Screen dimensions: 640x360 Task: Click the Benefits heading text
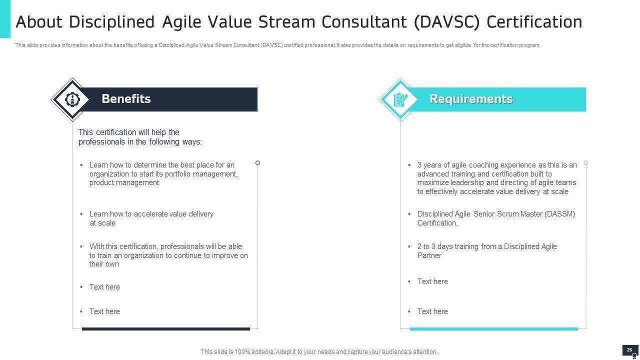(126, 99)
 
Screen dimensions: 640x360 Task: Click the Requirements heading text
(471, 99)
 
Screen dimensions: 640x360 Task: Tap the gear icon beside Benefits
(72, 99)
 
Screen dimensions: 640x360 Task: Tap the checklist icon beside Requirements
(400, 99)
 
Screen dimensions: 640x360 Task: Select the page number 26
(629, 350)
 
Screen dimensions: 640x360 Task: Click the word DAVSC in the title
(446, 22)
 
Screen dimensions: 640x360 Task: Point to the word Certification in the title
(534, 22)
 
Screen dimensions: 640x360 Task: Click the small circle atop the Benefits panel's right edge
(257, 163)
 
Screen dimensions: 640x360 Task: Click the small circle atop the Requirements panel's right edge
(586, 163)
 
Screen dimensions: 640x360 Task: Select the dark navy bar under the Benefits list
(166, 329)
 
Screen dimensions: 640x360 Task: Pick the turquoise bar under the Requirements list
(493, 329)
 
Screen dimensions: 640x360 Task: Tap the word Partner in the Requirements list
(429, 255)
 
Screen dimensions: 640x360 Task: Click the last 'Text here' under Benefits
(104, 311)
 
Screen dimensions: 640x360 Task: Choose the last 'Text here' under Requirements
(432, 311)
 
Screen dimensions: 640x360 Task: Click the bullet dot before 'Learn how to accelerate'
(81, 214)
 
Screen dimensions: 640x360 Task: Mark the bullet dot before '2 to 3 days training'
(409, 246)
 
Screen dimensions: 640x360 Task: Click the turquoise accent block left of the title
(5, 19)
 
